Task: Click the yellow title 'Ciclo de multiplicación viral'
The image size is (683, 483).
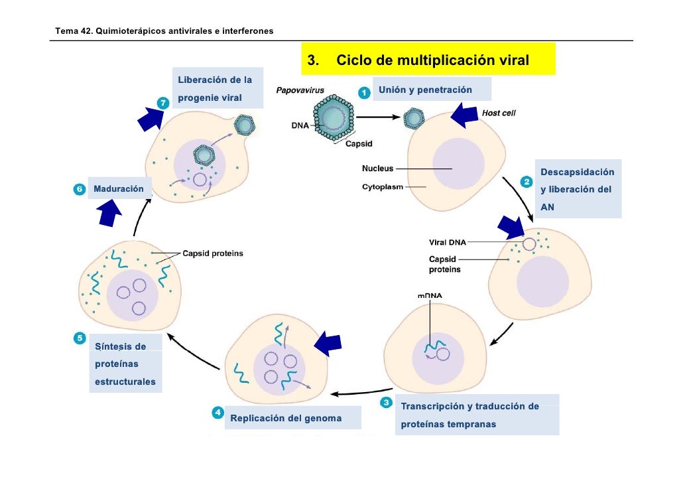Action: tap(432, 60)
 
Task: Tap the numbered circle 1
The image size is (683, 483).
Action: tap(364, 92)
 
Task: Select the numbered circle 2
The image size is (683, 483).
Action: tap(527, 182)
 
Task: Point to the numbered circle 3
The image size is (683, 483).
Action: tap(386, 402)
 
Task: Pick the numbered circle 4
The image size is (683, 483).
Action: tap(217, 413)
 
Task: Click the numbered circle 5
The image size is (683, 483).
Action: tap(80, 338)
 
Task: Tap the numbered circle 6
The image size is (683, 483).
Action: tap(80, 189)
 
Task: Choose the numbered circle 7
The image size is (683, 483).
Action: tap(163, 103)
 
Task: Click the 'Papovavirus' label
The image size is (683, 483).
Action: tap(300, 90)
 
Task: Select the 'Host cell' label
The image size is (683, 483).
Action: tap(498, 113)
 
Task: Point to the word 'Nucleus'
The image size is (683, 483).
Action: tap(378, 169)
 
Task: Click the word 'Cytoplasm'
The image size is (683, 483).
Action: tap(383, 187)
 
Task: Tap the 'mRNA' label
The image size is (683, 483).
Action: tap(430, 295)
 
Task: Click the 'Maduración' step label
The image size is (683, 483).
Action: tap(119, 188)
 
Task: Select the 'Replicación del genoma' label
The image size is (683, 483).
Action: tap(286, 418)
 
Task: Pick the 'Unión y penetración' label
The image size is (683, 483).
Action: tap(425, 90)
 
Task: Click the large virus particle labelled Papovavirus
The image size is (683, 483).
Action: tap(334, 117)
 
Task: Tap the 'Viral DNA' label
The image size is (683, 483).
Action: tap(448, 242)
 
